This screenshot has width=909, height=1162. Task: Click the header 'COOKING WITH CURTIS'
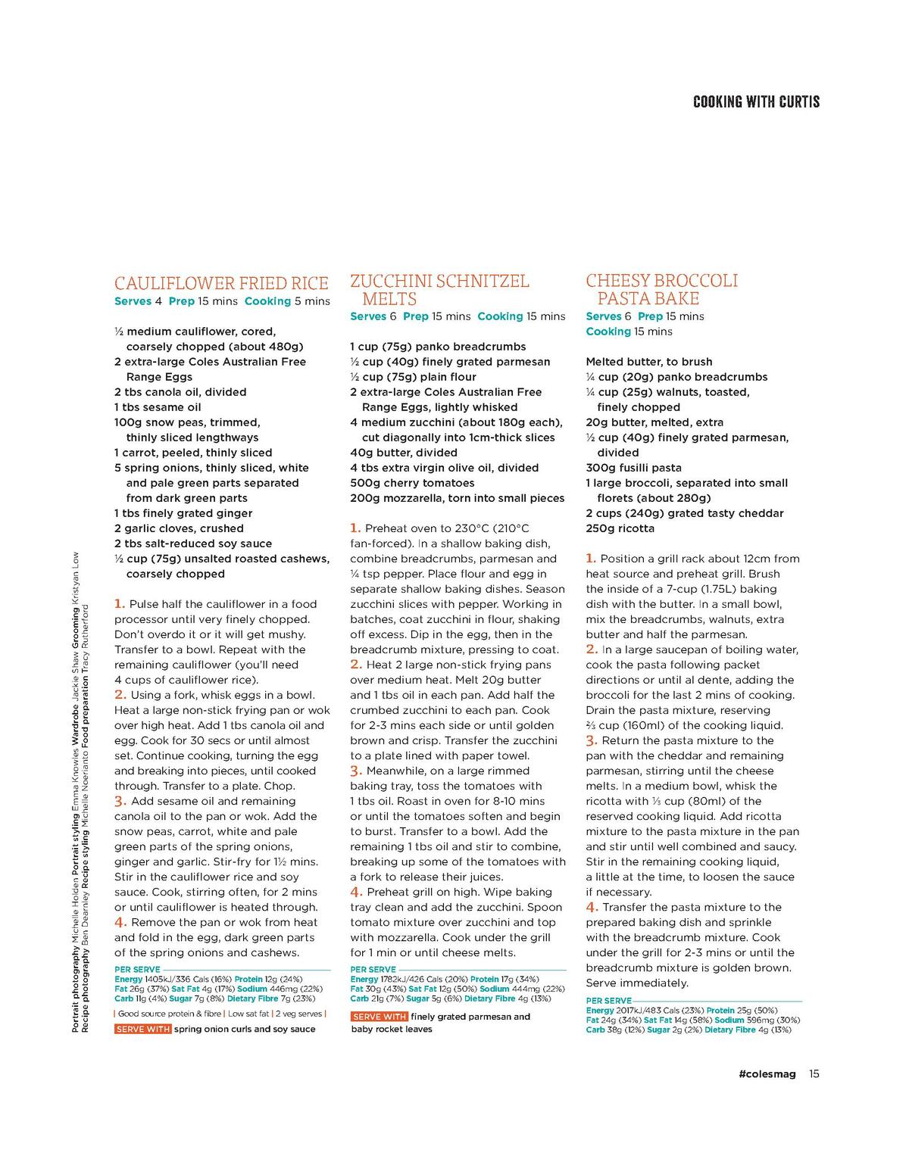pos(756,102)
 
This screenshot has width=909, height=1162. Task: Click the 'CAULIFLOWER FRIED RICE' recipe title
pos(221,284)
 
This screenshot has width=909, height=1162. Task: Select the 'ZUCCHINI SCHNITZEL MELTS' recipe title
pos(439,290)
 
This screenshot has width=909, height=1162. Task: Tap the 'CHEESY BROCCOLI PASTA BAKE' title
pos(661,289)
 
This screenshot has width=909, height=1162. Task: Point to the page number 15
pos(814,1073)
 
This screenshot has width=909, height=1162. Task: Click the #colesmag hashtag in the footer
pos(767,1073)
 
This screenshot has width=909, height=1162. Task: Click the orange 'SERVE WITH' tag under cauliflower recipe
pos(142,1029)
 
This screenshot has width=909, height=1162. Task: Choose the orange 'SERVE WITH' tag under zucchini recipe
pos(380,1017)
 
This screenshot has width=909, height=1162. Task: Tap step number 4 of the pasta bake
pos(592,907)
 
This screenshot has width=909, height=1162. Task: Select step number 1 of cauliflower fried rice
pos(120,604)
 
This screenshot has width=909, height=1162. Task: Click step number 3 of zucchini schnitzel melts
pos(356,771)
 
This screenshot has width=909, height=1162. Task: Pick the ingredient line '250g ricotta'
pos(620,528)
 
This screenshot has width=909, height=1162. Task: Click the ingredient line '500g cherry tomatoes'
pos(412,483)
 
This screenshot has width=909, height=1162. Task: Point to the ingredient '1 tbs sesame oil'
pos(158,407)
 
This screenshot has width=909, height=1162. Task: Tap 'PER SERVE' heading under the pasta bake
pos(608,1000)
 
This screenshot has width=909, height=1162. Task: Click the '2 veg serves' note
pos(298,1014)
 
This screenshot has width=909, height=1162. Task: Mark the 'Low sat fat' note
pos(248,1014)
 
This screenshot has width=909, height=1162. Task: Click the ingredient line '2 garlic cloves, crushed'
pos(179,528)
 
